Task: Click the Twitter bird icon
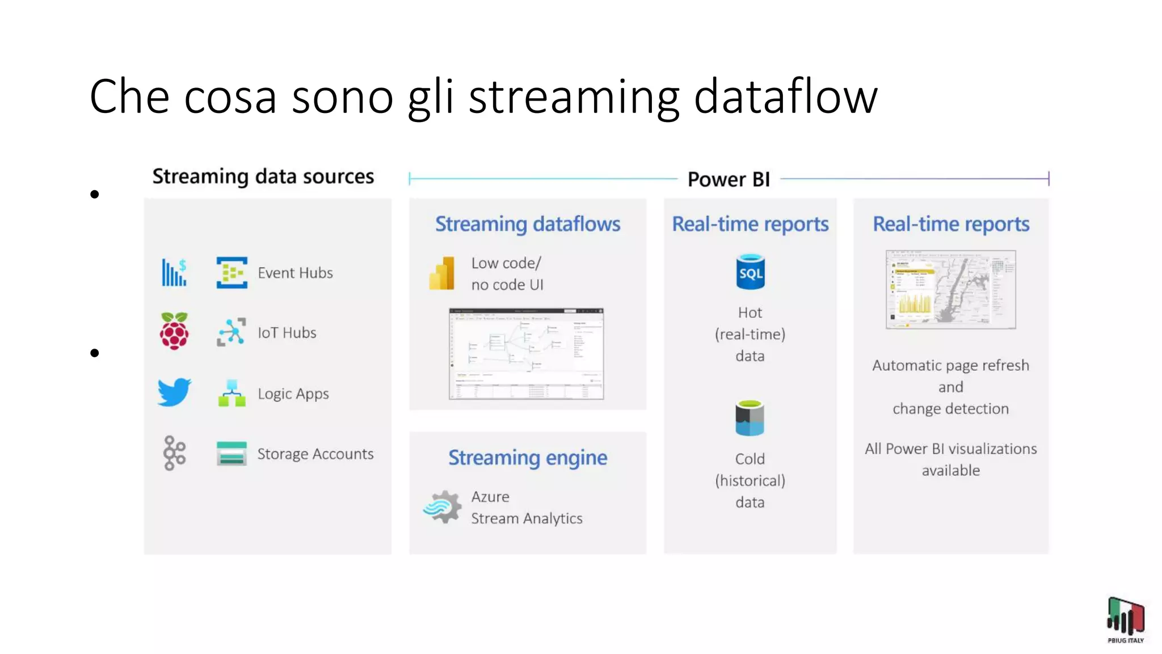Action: [x=174, y=392]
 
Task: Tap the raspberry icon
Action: [x=174, y=331]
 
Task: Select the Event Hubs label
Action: [x=295, y=273]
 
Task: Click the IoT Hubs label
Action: [x=287, y=333]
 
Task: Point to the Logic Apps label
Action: [x=293, y=394]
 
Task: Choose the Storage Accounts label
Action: [x=315, y=454]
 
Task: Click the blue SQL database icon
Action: [x=750, y=272]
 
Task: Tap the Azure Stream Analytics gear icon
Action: [x=443, y=506]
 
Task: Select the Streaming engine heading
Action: [x=528, y=458]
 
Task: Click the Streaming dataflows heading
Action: [x=528, y=224]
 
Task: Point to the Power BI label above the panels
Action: [x=729, y=179]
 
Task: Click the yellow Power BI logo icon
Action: [x=442, y=274]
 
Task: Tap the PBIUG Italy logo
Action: [x=1126, y=619]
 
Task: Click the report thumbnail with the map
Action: [x=951, y=290]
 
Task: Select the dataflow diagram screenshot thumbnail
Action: [x=527, y=354]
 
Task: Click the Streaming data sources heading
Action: [x=263, y=177]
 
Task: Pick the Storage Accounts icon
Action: [x=231, y=454]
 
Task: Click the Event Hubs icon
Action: [x=231, y=272]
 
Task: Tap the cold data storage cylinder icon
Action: [x=750, y=418]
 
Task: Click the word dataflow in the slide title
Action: [x=786, y=97]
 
